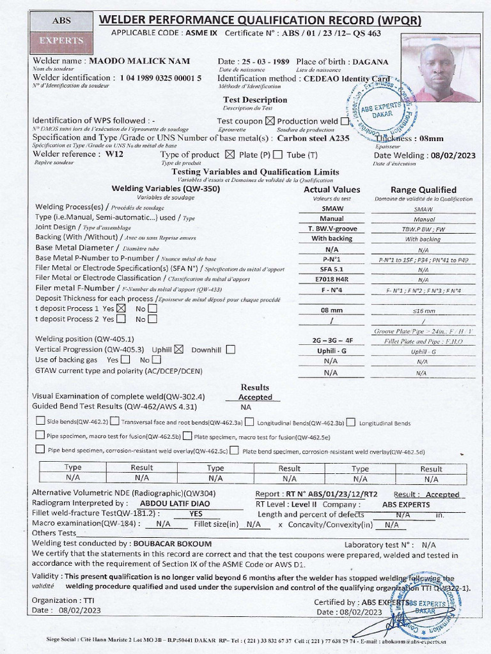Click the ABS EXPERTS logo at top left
tap(63, 31)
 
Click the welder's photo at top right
tap(440, 68)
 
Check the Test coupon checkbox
tap(270, 121)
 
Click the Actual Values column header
tap(331, 189)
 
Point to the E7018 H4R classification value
tap(331, 279)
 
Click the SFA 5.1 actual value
tap(331, 269)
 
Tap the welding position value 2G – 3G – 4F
tap(331, 340)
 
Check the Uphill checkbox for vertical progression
tap(179, 349)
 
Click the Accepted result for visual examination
tap(255, 397)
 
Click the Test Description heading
tap(254, 100)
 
